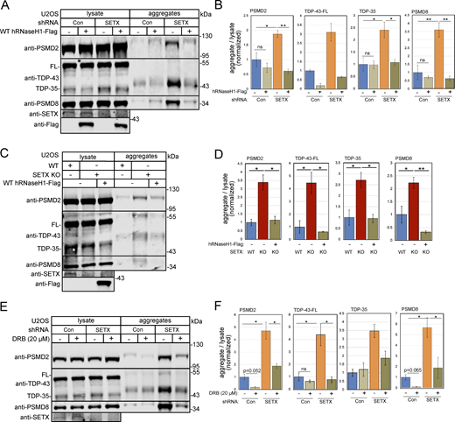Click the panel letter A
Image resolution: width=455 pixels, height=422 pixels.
point(6,6)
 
